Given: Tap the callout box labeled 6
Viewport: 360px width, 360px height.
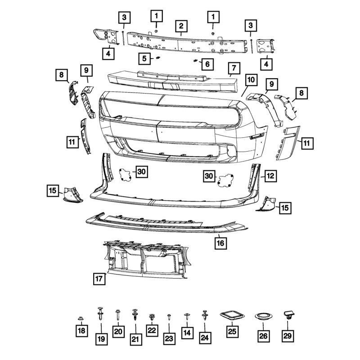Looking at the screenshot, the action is (x=207, y=64).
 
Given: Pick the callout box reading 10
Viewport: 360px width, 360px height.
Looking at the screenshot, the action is (x=250, y=81).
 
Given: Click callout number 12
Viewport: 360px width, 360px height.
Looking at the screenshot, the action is (x=270, y=176).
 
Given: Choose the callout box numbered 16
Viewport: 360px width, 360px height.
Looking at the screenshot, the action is (x=220, y=243).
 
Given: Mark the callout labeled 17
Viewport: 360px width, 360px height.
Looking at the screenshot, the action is (x=99, y=279).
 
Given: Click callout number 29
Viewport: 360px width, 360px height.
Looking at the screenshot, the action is (x=288, y=335).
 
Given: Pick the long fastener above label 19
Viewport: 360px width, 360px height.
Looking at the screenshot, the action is (x=100, y=313).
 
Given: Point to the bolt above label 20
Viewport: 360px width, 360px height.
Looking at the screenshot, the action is (x=117, y=314).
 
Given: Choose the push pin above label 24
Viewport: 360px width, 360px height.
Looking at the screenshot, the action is (x=205, y=315).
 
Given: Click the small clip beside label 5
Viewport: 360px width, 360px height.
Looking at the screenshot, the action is (x=158, y=58).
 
